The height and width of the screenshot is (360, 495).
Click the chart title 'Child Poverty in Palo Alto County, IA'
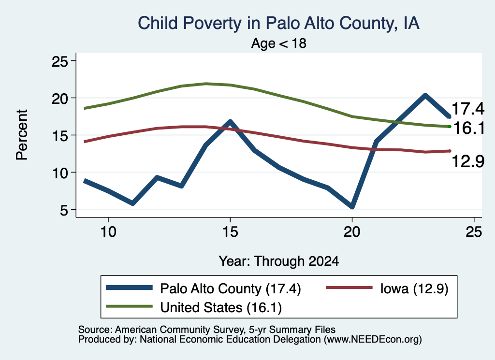(278, 23)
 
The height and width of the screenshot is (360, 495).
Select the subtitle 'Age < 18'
(278, 43)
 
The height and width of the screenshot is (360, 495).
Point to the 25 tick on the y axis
(59, 61)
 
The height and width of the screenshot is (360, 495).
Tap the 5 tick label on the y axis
(64, 210)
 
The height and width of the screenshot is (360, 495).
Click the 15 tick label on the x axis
(230, 232)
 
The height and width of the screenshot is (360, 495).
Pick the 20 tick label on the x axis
(352, 232)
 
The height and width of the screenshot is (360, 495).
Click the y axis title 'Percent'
(22, 135)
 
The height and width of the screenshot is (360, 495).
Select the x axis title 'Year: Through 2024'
(278, 261)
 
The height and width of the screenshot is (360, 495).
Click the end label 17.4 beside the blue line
(468, 109)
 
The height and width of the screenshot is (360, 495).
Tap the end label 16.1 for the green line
(468, 128)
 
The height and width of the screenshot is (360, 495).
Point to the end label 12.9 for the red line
(468, 161)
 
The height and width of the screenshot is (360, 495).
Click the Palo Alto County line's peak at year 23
(425, 95)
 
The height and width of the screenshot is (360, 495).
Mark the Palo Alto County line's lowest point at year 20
(352, 206)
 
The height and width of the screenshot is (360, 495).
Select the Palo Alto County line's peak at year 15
(230, 121)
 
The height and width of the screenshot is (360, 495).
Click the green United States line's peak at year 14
(206, 84)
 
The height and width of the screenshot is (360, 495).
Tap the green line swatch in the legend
(129, 306)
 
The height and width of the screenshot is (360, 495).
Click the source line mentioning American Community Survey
(207, 330)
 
